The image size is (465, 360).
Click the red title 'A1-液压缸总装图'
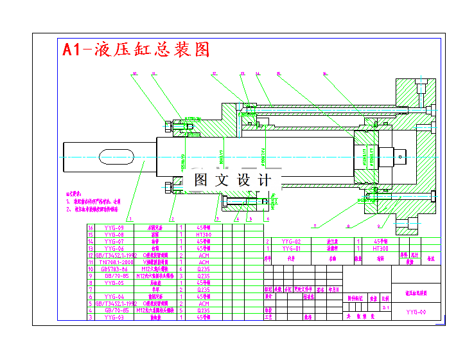coord(136,50)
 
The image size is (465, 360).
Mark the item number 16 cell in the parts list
coord(91,228)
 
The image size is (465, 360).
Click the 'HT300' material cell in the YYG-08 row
coord(204,235)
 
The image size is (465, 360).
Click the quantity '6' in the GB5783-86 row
coord(181,269)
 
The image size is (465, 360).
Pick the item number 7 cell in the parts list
coord(91,289)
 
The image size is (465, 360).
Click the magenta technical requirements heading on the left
coord(75,193)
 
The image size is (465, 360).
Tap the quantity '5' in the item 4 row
coord(181,310)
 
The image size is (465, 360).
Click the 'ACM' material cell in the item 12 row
coord(204,255)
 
